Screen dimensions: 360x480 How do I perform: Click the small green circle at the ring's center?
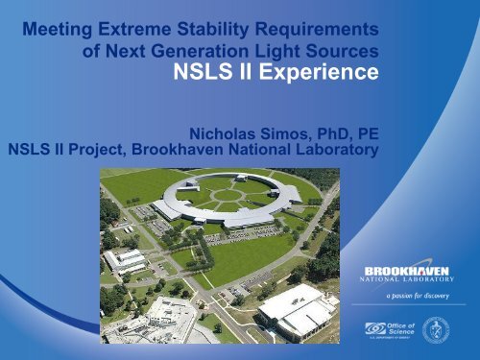click(x=228, y=194)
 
